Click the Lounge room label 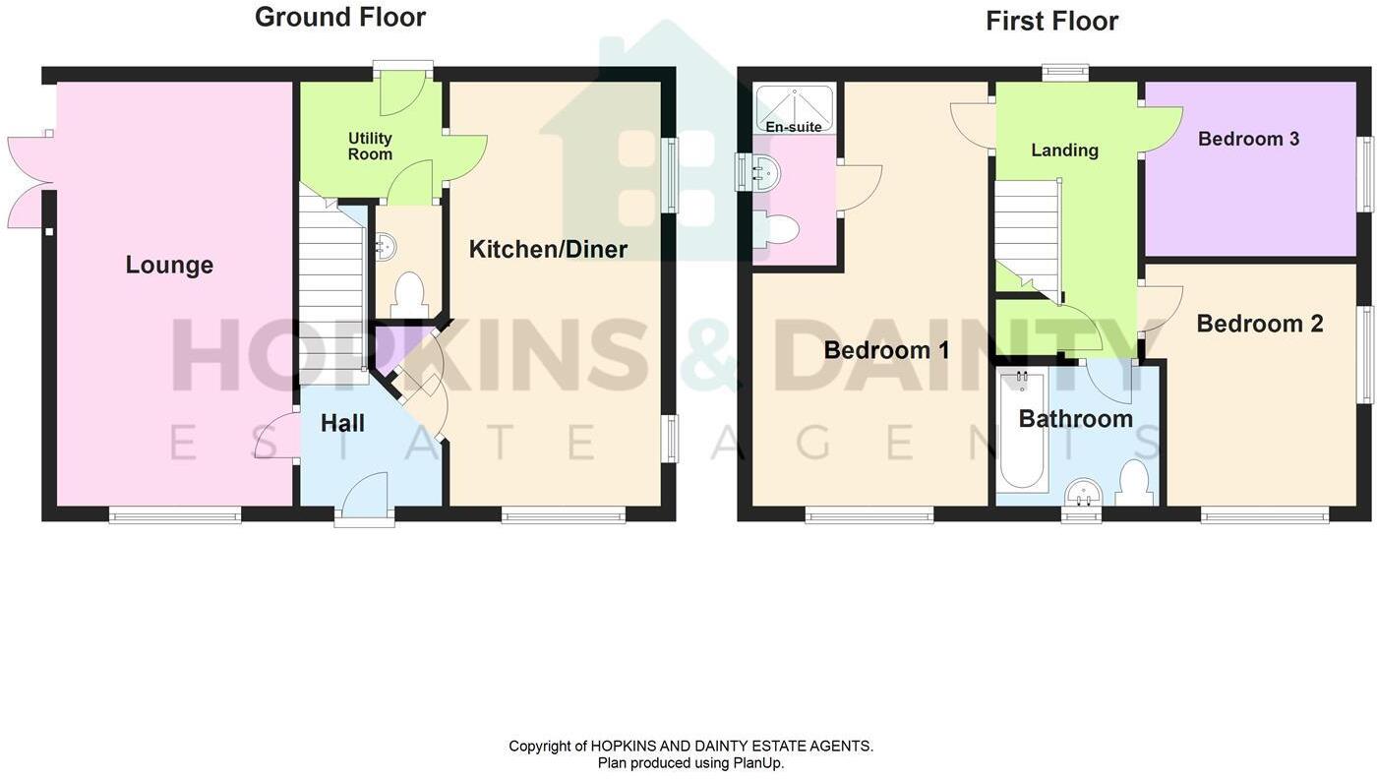169,265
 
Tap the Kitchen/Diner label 548,249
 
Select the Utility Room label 370,146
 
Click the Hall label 342,423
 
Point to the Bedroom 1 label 886,350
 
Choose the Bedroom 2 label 1259,324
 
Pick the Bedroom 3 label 1248,139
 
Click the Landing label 1064,150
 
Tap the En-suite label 794,127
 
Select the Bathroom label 1075,419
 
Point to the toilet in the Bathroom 1134,483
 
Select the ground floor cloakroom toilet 408,293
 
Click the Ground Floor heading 339,17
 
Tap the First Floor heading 1051,21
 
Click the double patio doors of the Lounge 28,183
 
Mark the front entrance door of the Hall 365,497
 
